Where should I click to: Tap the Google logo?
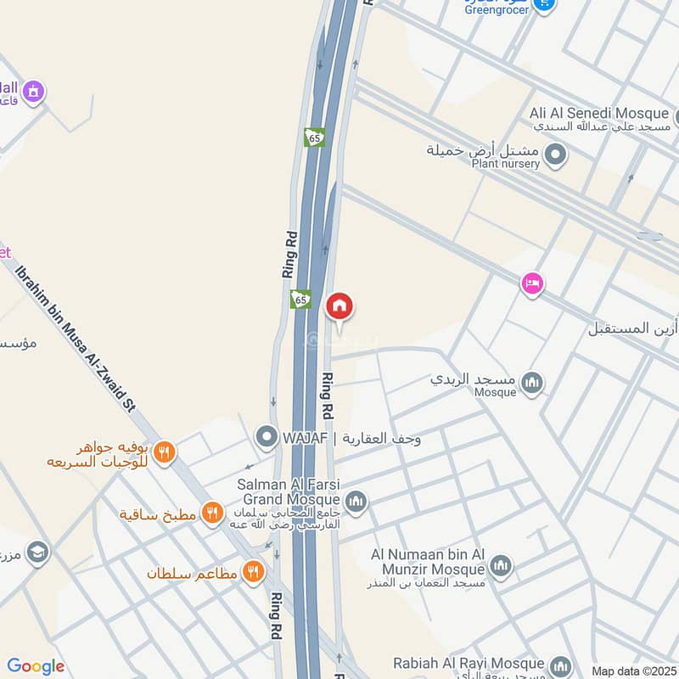click(36, 666)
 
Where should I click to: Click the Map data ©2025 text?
click(633, 671)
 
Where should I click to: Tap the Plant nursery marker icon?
click(555, 155)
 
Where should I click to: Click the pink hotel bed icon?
click(532, 283)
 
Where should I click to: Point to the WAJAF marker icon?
click(267, 438)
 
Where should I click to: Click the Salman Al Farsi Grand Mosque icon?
click(356, 502)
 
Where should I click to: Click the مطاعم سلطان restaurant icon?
click(252, 573)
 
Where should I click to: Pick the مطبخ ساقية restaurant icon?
click(212, 513)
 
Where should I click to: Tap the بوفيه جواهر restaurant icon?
click(165, 453)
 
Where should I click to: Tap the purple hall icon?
click(33, 90)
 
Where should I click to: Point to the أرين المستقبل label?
click(632, 328)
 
